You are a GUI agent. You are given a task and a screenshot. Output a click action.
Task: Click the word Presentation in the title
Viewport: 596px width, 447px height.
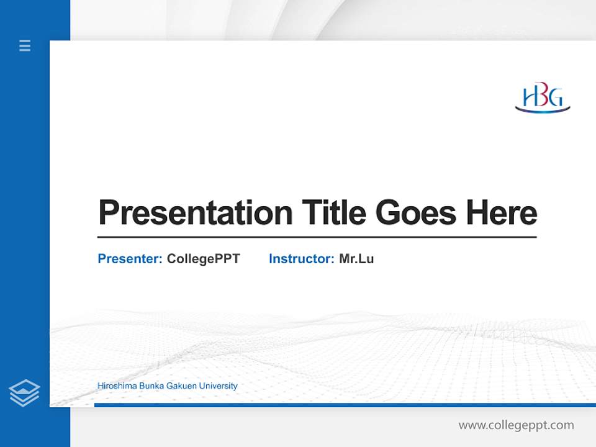coord(196,213)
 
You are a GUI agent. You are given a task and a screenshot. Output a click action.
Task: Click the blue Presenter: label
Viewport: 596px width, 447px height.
coord(130,259)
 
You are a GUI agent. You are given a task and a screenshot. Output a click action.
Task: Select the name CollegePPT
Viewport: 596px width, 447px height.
coord(203,259)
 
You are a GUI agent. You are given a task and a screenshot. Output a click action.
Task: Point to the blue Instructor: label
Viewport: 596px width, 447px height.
coord(301,259)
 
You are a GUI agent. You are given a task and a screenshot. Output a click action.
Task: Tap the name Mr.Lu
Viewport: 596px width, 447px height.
coord(356,259)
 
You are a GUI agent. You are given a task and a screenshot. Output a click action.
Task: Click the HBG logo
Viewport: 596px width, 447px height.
coord(543,99)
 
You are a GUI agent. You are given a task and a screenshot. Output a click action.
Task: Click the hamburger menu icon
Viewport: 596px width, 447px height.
coord(25,45)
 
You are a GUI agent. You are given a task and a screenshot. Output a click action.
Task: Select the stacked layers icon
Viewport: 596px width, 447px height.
coord(24,392)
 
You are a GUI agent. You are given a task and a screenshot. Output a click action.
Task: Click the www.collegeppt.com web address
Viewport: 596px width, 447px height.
coord(516,425)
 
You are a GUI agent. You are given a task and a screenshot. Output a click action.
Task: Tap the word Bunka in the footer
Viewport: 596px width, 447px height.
coord(151,386)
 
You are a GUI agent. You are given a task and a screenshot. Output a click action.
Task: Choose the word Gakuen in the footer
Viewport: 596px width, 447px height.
coord(183,386)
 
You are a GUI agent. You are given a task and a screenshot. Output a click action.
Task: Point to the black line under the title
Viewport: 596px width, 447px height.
coord(317,237)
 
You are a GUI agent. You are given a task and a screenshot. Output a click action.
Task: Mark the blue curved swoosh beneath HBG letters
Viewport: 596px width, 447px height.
coord(543,111)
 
